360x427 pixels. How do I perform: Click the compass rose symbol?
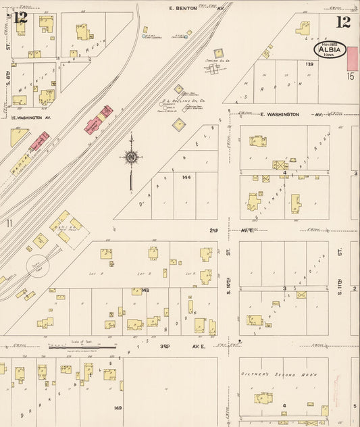tap(130, 158)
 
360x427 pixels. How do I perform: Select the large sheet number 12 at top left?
tap(20, 18)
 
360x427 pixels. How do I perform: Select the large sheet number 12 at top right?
tap(343, 22)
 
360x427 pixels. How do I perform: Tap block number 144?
tap(186, 177)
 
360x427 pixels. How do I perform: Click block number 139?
tap(309, 64)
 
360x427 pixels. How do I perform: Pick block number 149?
tap(118, 407)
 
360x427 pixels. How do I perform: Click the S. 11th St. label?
tap(340, 260)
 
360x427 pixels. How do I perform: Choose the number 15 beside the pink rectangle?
tap(351, 76)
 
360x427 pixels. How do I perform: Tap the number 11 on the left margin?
tap(9, 223)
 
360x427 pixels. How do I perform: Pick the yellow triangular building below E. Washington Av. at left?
tap(18, 136)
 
